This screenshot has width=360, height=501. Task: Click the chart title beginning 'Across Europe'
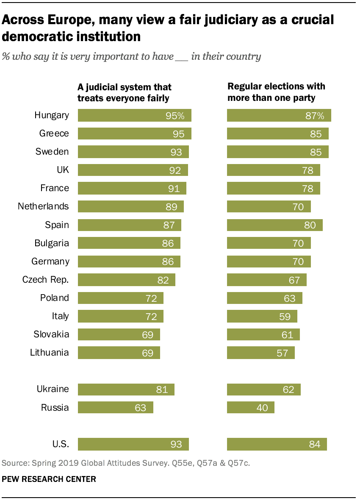point(168,28)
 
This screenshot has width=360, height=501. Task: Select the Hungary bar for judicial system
point(134,116)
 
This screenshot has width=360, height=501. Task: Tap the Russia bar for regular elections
point(250,407)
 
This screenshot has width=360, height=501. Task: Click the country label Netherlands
point(43,206)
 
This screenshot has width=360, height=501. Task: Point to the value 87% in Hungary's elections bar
point(314,116)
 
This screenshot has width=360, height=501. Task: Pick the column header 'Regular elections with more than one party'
point(276,92)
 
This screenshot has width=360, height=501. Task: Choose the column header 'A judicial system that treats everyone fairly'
point(124,92)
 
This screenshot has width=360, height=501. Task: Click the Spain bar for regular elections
point(274,225)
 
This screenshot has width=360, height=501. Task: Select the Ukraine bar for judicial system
point(126,389)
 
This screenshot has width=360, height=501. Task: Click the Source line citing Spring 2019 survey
point(126,463)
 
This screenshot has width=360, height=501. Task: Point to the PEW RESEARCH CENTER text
point(49,479)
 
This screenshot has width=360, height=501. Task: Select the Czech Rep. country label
point(45,279)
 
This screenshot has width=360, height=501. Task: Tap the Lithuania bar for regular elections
point(260,353)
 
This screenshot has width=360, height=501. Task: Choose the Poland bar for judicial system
point(120,298)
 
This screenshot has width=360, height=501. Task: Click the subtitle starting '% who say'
point(131,56)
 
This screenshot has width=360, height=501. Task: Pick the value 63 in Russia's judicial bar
point(140,408)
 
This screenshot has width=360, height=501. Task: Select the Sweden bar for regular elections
point(277,152)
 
